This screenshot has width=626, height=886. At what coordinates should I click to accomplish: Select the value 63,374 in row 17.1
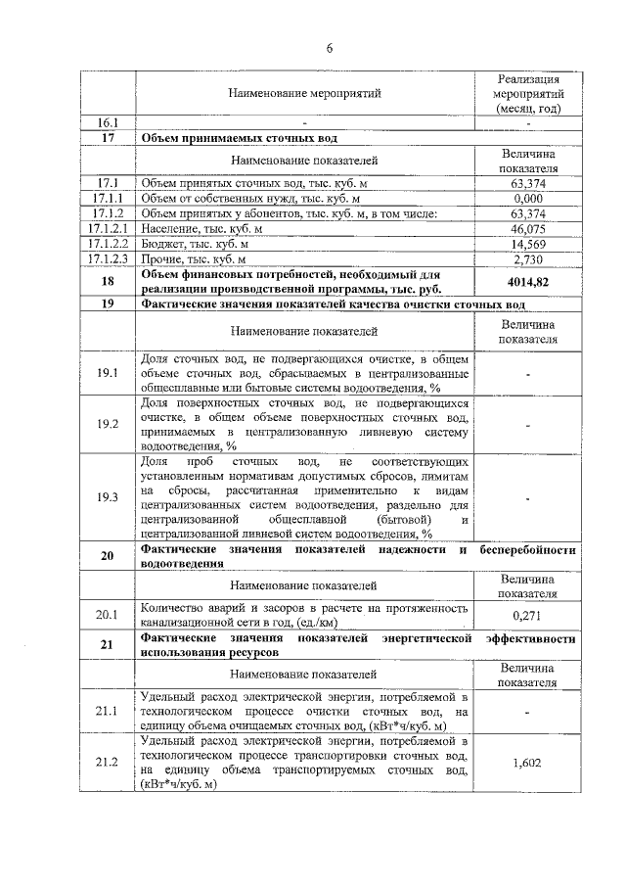click(x=527, y=183)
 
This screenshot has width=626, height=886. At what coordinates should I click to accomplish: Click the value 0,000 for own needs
click(x=527, y=198)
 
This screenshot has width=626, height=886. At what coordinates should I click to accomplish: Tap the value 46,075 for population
click(x=527, y=228)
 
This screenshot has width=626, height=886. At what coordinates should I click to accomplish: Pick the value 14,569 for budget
click(x=527, y=243)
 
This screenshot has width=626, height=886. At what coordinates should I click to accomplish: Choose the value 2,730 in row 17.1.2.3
click(x=527, y=258)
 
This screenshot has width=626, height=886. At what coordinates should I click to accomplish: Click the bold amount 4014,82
click(x=527, y=281)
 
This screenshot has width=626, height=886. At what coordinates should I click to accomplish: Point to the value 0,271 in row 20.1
click(x=527, y=615)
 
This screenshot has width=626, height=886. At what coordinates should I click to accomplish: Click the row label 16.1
click(x=108, y=123)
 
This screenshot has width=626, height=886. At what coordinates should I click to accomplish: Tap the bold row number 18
click(x=108, y=281)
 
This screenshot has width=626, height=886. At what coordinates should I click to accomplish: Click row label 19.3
click(x=108, y=497)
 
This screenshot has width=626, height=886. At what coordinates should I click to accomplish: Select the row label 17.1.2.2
click(x=108, y=243)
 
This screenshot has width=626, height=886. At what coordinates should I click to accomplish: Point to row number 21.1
click(x=108, y=711)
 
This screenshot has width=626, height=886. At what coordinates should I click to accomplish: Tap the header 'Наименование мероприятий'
click(x=303, y=93)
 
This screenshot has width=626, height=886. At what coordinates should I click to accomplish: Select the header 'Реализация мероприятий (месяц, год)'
click(x=527, y=93)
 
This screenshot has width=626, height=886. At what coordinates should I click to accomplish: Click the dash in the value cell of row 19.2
click(x=527, y=424)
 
